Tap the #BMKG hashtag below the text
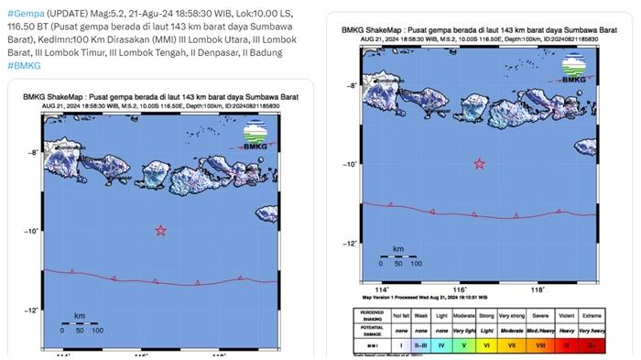23,66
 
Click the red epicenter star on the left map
161,231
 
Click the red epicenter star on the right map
479,164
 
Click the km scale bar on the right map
397,256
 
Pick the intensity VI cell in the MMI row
487,346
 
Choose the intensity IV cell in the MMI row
442,346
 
